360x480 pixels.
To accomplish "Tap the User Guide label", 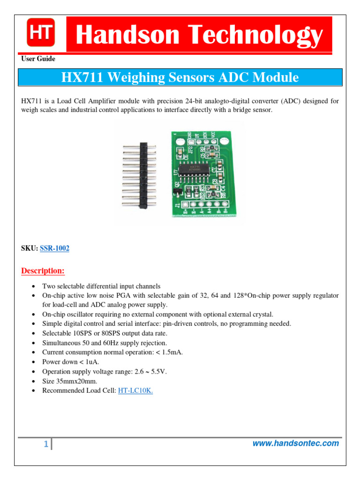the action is click(x=38, y=59).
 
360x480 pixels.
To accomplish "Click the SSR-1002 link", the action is click(x=54, y=248).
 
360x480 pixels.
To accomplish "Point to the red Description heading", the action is click(x=43, y=271).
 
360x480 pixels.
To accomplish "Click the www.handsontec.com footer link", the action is click(x=295, y=443).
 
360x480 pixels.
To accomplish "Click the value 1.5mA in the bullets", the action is click(x=170, y=352).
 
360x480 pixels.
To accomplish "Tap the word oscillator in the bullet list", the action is click(x=83, y=314).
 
